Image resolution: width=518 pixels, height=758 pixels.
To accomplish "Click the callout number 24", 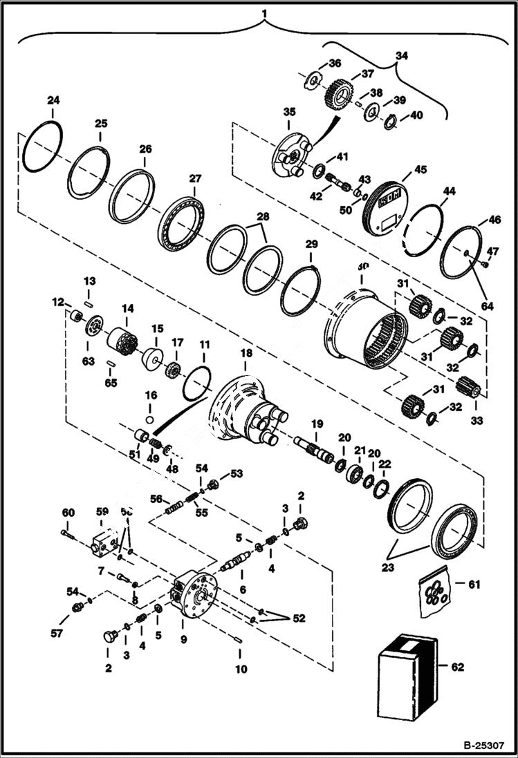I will (53, 101).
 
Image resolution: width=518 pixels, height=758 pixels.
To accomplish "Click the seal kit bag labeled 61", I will (436, 589).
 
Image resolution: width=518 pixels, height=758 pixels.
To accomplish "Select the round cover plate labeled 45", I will (385, 205).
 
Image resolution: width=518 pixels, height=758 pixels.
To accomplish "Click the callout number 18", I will (246, 353).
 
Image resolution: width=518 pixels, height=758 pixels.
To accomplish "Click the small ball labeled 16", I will (149, 419).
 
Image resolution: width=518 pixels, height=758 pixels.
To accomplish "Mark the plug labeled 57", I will (77, 607).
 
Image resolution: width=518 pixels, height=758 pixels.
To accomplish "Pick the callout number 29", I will (311, 245).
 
